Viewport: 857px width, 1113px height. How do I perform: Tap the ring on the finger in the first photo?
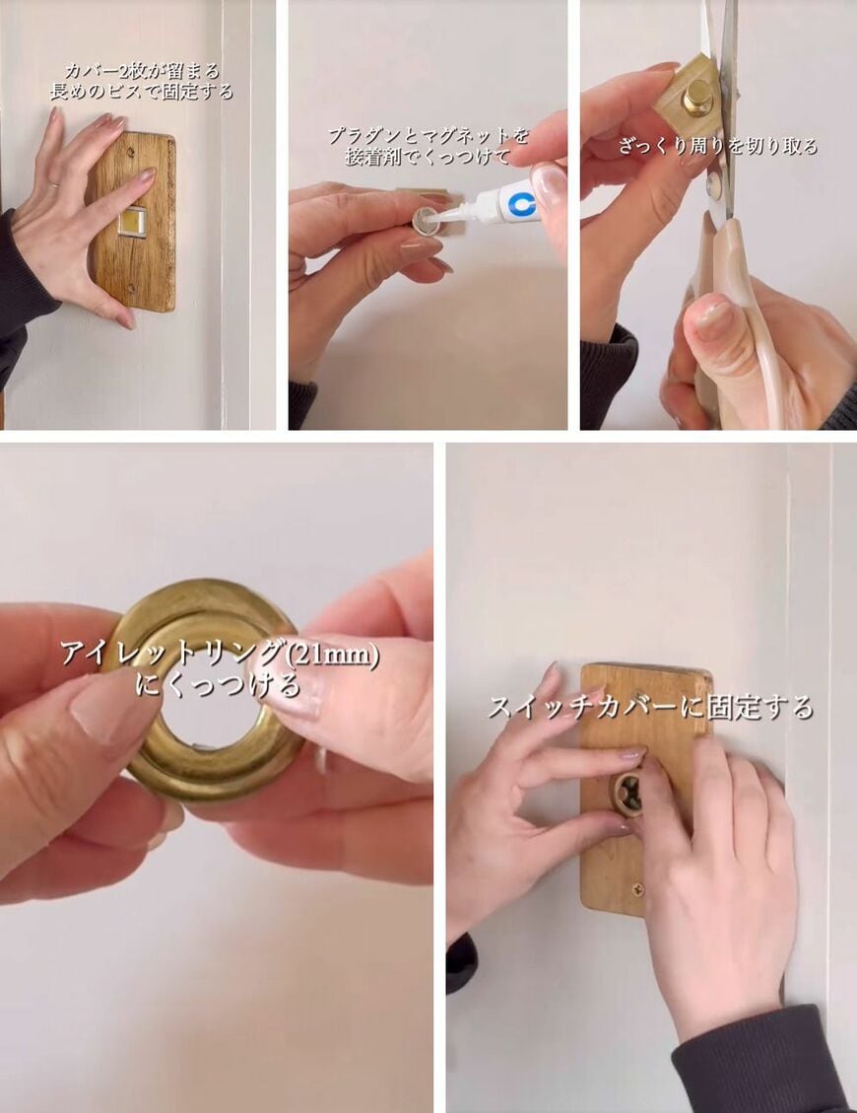point(54,183)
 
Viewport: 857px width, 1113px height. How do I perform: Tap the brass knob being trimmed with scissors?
point(697,97)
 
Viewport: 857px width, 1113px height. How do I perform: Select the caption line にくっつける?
point(218,685)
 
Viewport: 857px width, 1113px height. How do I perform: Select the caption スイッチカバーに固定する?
point(650,707)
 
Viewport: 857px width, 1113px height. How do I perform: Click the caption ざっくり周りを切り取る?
point(718,147)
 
